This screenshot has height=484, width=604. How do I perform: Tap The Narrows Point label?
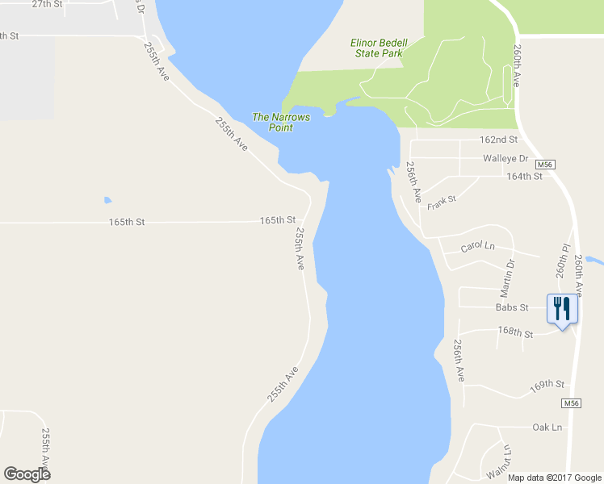(281, 122)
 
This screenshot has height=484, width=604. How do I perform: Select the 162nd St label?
(498, 140)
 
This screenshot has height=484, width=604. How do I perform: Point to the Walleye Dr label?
(505, 158)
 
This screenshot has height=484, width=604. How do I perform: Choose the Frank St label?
(442, 202)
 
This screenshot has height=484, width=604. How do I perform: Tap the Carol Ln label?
(476, 245)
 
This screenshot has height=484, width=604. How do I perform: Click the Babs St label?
(512, 307)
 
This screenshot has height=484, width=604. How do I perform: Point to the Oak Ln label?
(547, 427)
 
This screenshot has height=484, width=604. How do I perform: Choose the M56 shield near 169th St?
(571, 403)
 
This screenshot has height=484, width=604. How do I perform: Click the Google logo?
(27, 474)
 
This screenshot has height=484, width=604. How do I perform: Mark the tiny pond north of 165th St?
(107, 199)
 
